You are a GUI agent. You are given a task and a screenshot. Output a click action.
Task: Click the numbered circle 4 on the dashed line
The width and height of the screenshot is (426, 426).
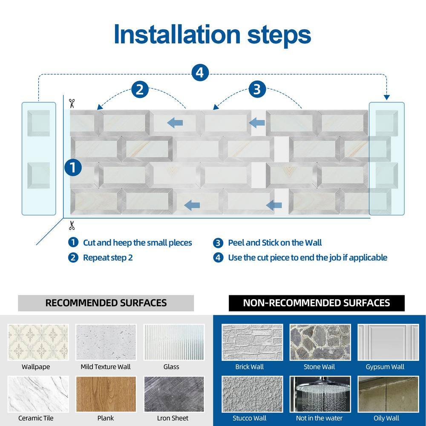coord(200,72)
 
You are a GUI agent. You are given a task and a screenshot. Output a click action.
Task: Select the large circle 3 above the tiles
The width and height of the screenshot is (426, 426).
coord(257,89)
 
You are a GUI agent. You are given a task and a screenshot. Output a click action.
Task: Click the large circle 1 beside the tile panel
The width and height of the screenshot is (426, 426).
coord(73,167)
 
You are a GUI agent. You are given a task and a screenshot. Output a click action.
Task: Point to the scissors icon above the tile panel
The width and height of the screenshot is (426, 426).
coord(72,103)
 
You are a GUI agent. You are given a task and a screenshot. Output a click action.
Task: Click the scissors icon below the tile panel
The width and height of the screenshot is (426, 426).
coord(72,225)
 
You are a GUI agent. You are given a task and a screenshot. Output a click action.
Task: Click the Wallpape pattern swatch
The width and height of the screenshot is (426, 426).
coord(38,343)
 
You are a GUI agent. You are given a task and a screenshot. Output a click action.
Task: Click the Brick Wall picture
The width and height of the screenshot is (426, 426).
coord(249,343)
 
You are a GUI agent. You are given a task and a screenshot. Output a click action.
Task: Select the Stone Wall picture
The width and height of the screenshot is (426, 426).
coord(319,343)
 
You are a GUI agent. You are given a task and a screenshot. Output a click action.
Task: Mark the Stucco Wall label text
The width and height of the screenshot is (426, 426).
coord(250,418)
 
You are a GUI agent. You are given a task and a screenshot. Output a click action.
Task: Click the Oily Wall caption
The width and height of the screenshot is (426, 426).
coord(386,418)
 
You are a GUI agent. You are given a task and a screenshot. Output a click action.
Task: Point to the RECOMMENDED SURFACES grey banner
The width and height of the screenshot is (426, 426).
coord(106,303)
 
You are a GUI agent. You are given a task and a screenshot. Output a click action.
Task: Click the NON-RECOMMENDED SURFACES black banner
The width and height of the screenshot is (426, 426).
coord(316,303)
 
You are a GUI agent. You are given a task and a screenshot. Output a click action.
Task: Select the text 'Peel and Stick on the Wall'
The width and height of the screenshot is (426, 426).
coord(275,243)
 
